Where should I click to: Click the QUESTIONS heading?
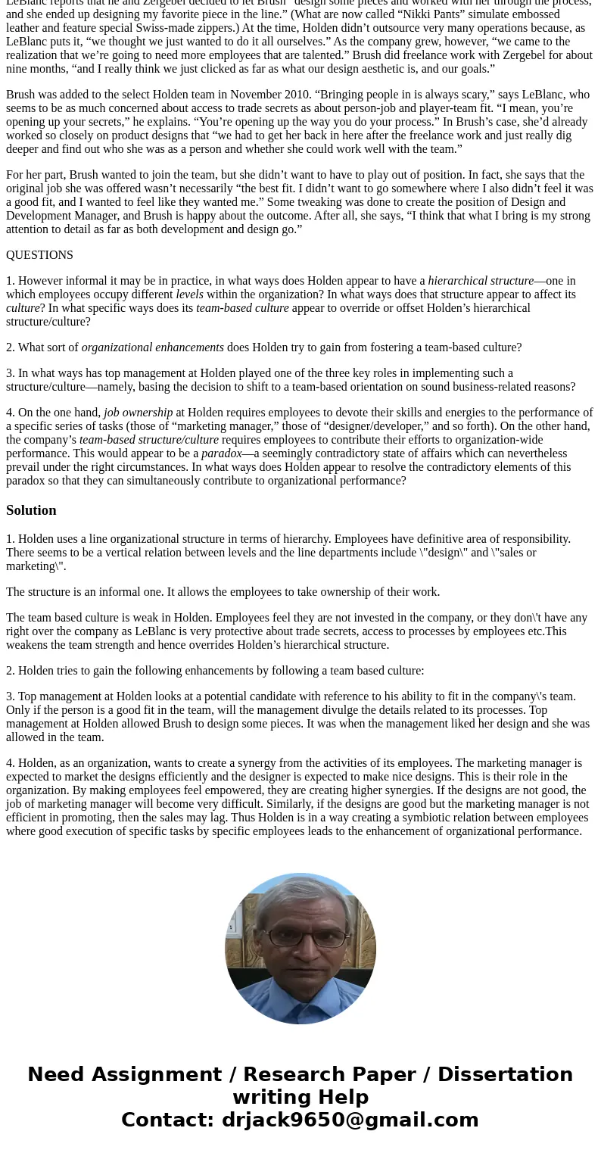click(39, 255)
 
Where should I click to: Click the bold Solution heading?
click(31, 510)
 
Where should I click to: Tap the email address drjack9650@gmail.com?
click(350, 1120)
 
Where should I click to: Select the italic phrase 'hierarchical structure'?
click(481, 281)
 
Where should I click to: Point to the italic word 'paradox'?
click(221, 453)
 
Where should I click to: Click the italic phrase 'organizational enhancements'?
click(152, 347)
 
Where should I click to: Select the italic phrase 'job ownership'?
click(138, 413)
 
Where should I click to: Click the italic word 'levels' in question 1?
click(189, 294)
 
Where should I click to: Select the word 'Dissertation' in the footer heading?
click(505, 1074)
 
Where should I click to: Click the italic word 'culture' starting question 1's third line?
click(23, 308)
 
